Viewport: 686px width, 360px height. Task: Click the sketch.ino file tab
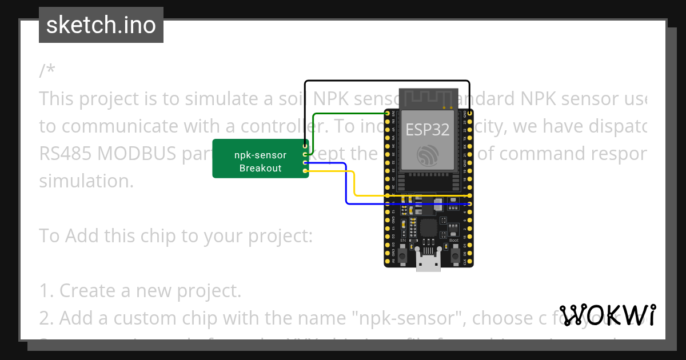pyautogui.click(x=101, y=25)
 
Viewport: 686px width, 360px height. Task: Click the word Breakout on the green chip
pyautogui.click(x=260, y=168)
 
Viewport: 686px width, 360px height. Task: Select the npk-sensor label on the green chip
pyautogui.click(x=260, y=155)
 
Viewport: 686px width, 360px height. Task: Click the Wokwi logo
pyautogui.click(x=608, y=315)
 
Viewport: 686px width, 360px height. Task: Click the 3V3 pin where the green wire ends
pyautogui.click(x=388, y=114)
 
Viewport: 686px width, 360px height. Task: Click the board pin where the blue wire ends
pyautogui.click(x=469, y=203)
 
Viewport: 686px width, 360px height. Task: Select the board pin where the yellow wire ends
pyautogui.click(x=469, y=195)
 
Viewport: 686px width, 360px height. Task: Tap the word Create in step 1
pyautogui.click(x=89, y=290)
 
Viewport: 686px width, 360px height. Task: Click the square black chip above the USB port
pyautogui.click(x=428, y=227)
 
